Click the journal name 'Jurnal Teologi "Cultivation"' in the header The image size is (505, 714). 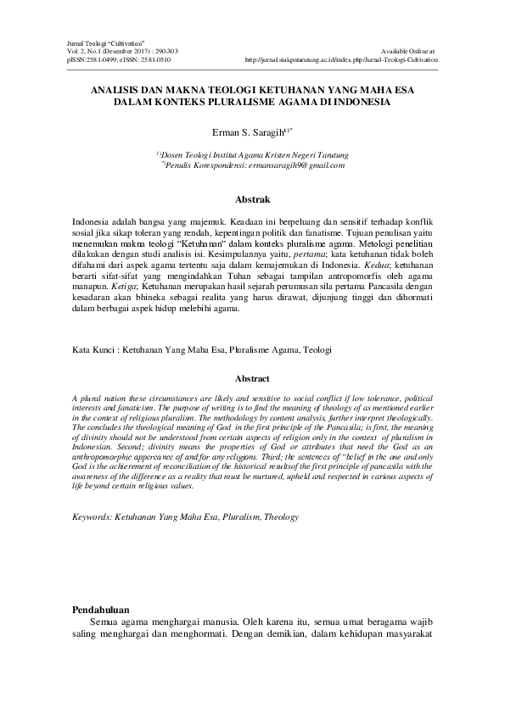[102, 42]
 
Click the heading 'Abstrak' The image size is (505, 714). [252, 200]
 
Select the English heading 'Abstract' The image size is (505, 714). [252, 378]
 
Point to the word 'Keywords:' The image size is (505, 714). [94, 516]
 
